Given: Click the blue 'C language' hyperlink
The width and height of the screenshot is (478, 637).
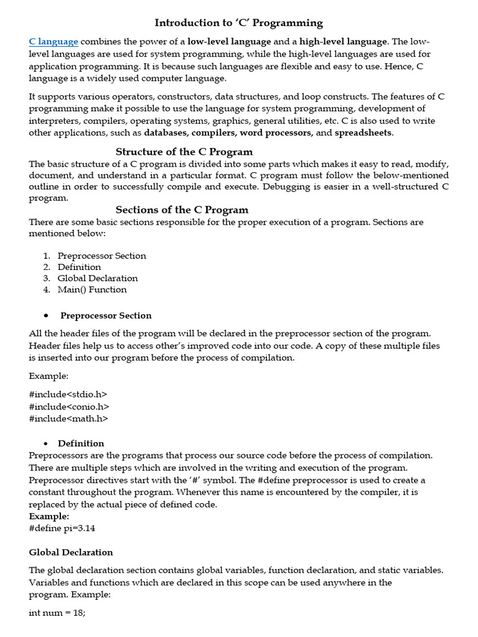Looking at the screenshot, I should pyautogui.click(x=54, y=42).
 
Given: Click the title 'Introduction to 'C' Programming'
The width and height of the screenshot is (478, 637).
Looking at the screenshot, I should pyautogui.click(x=239, y=23).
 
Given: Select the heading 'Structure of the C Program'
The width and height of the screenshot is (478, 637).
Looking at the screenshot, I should pyautogui.click(x=184, y=152).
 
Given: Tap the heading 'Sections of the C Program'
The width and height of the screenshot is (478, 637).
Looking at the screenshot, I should pyautogui.click(x=182, y=210).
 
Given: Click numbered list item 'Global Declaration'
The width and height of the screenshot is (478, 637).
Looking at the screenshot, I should pyautogui.click(x=98, y=278).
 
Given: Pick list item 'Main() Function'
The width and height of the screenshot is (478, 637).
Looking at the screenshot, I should pyautogui.click(x=92, y=289).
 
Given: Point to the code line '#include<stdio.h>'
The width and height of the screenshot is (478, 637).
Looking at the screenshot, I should pyautogui.click(x=68, y=394).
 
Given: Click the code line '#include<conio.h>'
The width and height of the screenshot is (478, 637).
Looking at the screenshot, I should pyautogui.click(x=69, y=406).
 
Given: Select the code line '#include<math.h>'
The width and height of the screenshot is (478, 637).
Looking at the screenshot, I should pyautogui.click(x=68, y=418).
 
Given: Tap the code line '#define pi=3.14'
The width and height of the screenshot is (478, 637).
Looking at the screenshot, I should pyautogui.click(x=62, y=528).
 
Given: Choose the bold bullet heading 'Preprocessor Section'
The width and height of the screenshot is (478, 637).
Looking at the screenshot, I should pyautogui.click(x=106, y=315).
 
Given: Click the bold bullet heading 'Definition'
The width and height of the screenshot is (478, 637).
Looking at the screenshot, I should pyautogui.click(x=81, y=444).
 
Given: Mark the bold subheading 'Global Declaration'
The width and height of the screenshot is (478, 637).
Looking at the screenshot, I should pyautogui.click(x=71, y=552).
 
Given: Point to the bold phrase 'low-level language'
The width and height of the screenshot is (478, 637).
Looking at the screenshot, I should pyautogui.click(x=229, y=42).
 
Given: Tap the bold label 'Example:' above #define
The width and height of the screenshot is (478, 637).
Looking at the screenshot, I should pyautogui.click(x=49, y=516).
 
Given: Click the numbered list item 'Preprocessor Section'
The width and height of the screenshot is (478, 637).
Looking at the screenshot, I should pyautogui.click(x=102, y=256).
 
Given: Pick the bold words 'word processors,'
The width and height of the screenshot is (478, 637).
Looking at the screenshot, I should pyautogui.click(x=276, y=133).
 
